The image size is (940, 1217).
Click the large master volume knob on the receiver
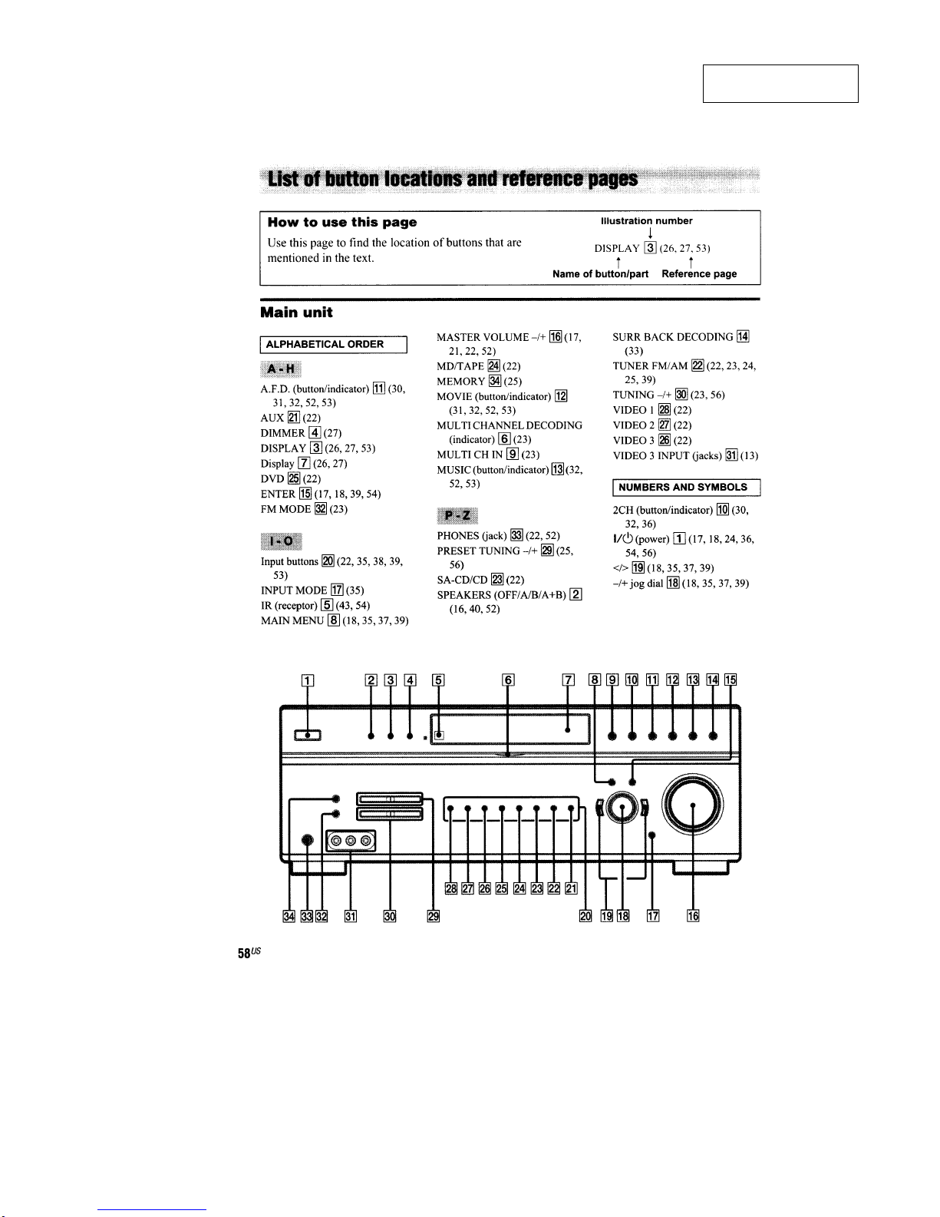click(x=693, y=804)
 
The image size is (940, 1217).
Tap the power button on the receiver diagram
click(x=308, y=735)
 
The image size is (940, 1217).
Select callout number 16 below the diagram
click(x=693, y=916)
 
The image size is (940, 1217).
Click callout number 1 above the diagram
click(x=308, y=679)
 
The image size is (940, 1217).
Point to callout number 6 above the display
click(x=508, y=679)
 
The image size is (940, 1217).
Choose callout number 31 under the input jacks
click(x=350, y=916)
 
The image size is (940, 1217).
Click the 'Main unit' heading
click(x=296, y=313)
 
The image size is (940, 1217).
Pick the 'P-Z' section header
click(x=457, y=514)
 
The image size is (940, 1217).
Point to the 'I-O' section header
click(x=281, y=541)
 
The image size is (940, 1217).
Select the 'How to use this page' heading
click(x=341, y=223)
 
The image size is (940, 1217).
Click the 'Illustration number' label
click(x=646, y=221)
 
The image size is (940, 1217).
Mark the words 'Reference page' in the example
click(x=699, y=274)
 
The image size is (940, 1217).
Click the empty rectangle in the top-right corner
click(x=780, y=84)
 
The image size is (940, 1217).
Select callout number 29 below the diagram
click(x=433, y=916)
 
